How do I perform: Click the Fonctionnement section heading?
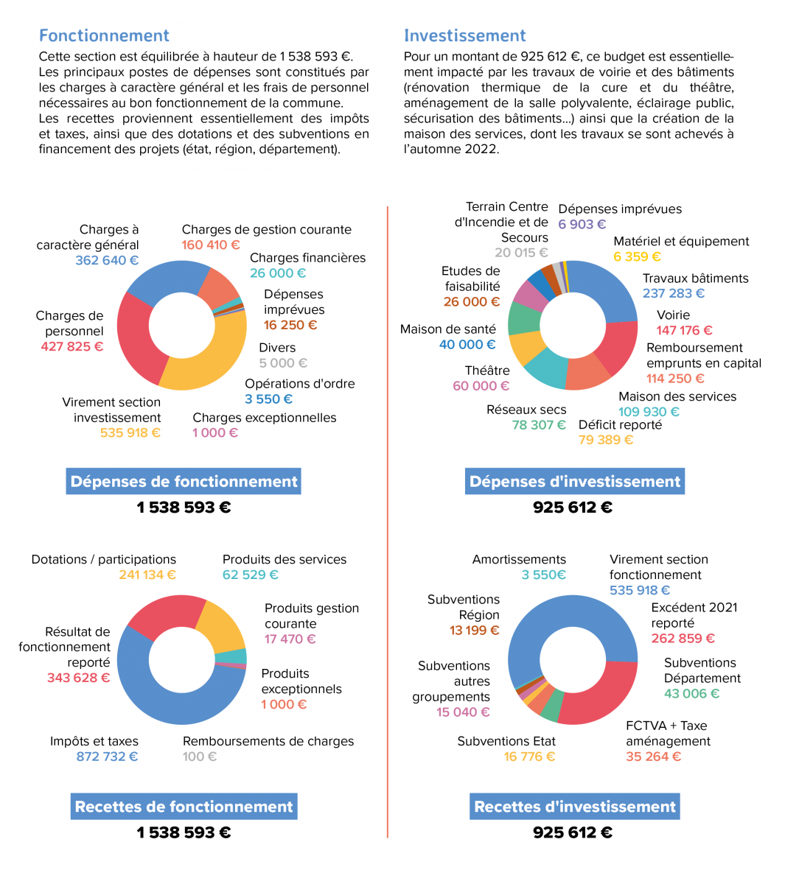point(104,35)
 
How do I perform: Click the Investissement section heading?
point(464,35)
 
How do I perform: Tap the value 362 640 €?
point(107,260)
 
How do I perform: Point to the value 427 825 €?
point(72,346)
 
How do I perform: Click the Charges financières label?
point(307,258)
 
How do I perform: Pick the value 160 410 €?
point(211,245)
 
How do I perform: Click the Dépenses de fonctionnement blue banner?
point(184,482)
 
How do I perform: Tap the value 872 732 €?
point(107,757)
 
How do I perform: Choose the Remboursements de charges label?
point(268,741)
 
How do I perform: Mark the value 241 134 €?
point(147,575)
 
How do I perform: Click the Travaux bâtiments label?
point(695,278)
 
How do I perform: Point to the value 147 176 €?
point(684,330)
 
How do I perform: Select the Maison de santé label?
point(448,329)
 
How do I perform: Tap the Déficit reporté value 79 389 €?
point(606,440)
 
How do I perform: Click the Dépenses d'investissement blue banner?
point(575,482)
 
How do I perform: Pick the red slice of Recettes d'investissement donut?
point(601,696)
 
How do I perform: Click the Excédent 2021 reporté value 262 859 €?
point(683,639)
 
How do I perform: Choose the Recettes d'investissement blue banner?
point(575,807)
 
